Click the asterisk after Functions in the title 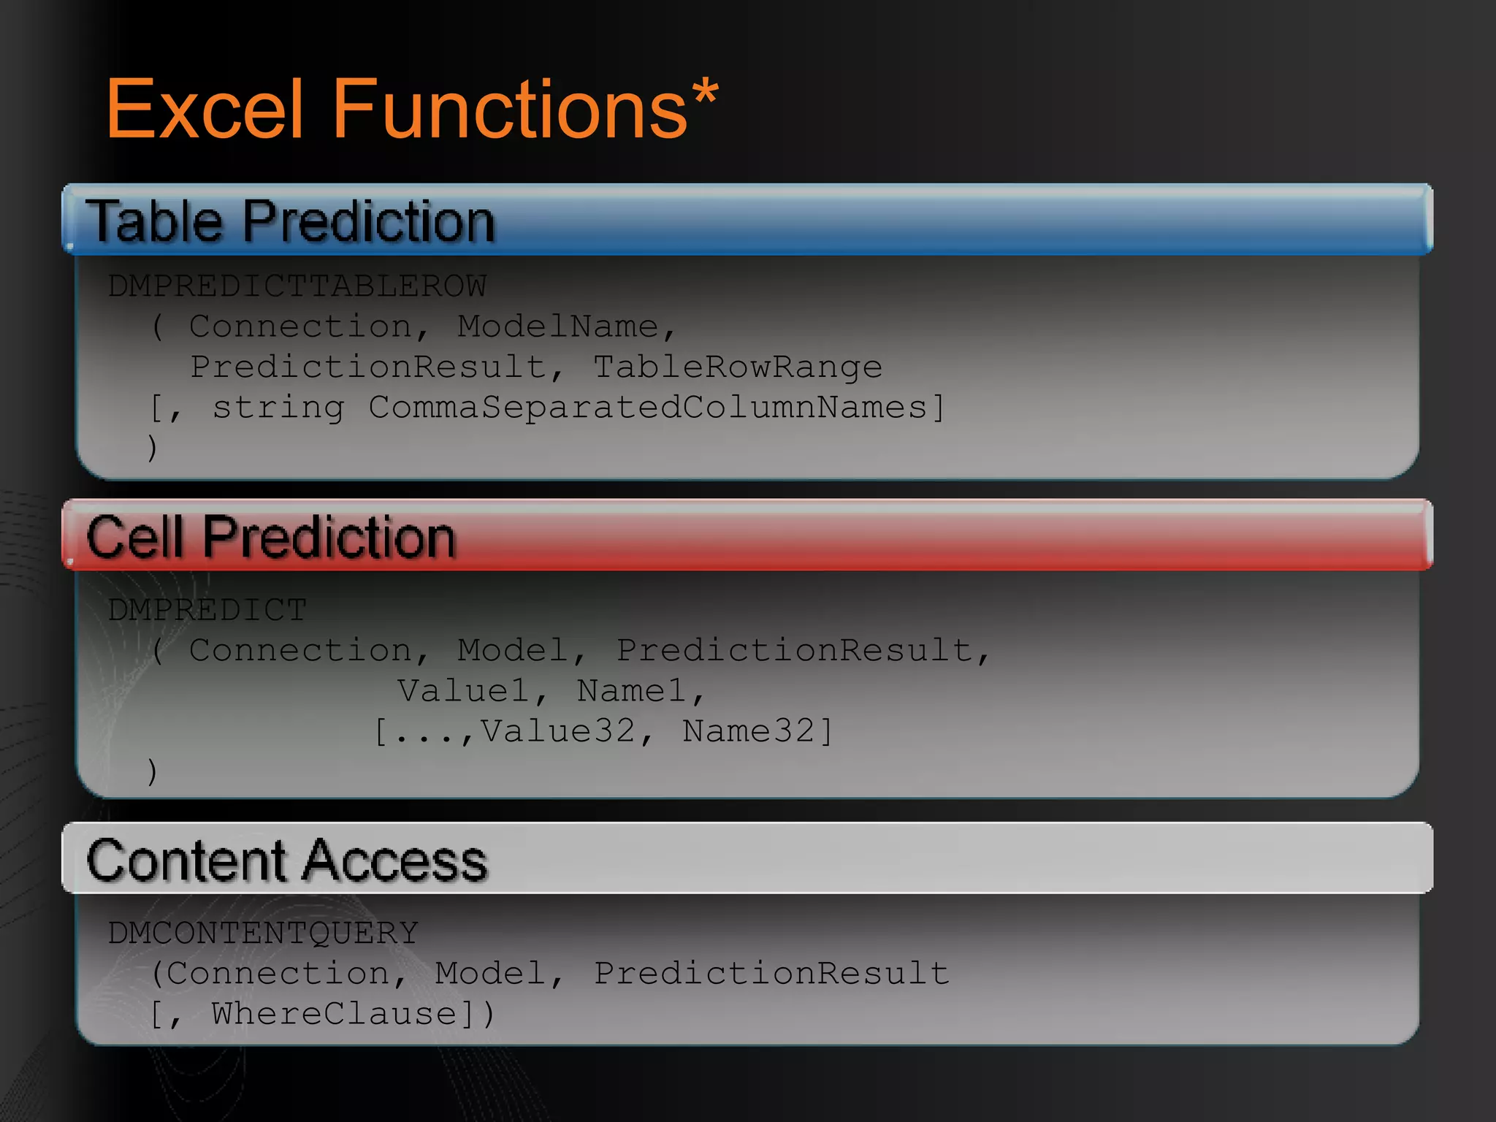pyautogui.click(x=705, y=95)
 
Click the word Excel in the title pyautogui.click(x=205, y=110)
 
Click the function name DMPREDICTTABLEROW pyautogui.click(x=297, y=286)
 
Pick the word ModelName pyautogui.click(x=558, y=326)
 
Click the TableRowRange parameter pyautogui.click(x=737, y=366)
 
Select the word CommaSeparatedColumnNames pyautogui.click(x=647, y=407)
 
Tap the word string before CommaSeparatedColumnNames pyautogui.click(x=278, y=407)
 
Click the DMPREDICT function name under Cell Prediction pyautogui.click(x=207, y=609)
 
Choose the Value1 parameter pyautogui.click(x=464, y=690)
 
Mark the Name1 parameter pyautogui.click(x=631, y=690)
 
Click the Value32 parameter pyautogui.click(x=557, y=730)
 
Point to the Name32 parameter pyautogui.click(x=748, y=730)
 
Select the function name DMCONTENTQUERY pyautogui.click(x=263, y=933)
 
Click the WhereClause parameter pyautogui.click(x=335, y=1013)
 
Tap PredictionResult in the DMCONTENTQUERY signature pyautogui.click(x=771, y=973)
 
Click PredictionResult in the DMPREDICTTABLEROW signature pyautogui.click(x=368, y=366)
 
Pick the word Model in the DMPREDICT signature pyautogui.click(x=513, y=650)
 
